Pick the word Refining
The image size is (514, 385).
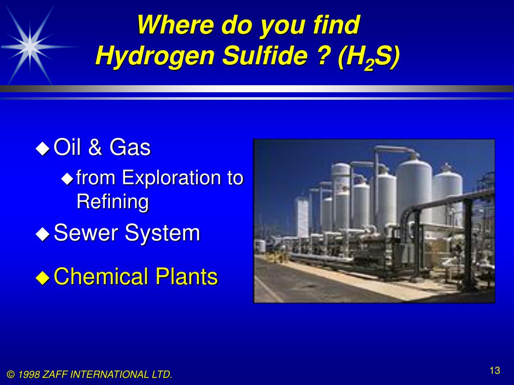(x=112, y=202)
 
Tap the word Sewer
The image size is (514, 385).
(x=86, y=233)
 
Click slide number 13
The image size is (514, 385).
(x=495, y=371)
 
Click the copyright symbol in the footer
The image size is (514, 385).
(x=11, y=374)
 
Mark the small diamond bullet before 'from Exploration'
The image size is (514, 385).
(x=67, y=178)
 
